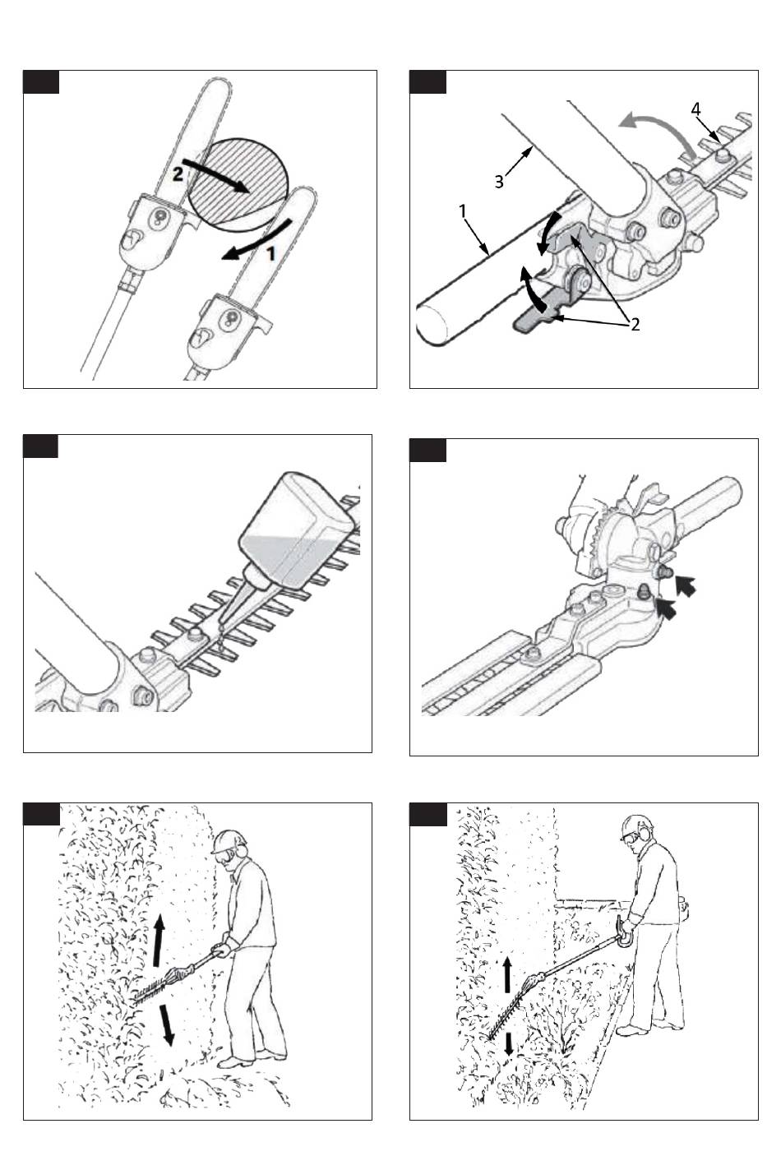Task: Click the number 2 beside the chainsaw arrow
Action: click(x=178, y=174)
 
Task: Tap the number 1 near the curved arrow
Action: click(x=270, y=253)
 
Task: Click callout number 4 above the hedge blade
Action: click(x=696, y=109)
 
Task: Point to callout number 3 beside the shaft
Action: click(x=498, y=182)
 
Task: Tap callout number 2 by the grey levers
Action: click(x=635, y=324)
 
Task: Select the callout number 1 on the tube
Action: click(x=462, y=211)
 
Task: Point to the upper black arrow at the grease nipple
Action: click(x=686, y=585)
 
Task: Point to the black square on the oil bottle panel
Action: click(x=40, y=446)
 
